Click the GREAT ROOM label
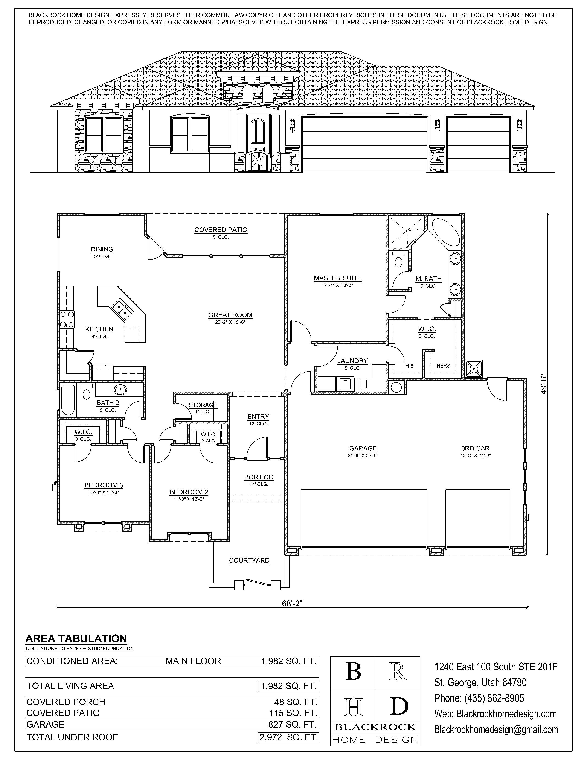[x=230, y=315]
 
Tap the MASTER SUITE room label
[x=337, y=278]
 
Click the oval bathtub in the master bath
[x=445, y=232]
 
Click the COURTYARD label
[x=249, y=560]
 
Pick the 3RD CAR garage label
[x=475, y=448]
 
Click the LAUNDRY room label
[x=352, y=360]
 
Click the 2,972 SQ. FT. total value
[x=288, y=737]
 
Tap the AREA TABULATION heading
[x=76, y=639]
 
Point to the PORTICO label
[x=259, y=477]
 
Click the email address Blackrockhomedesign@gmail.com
[x=496, y=730]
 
